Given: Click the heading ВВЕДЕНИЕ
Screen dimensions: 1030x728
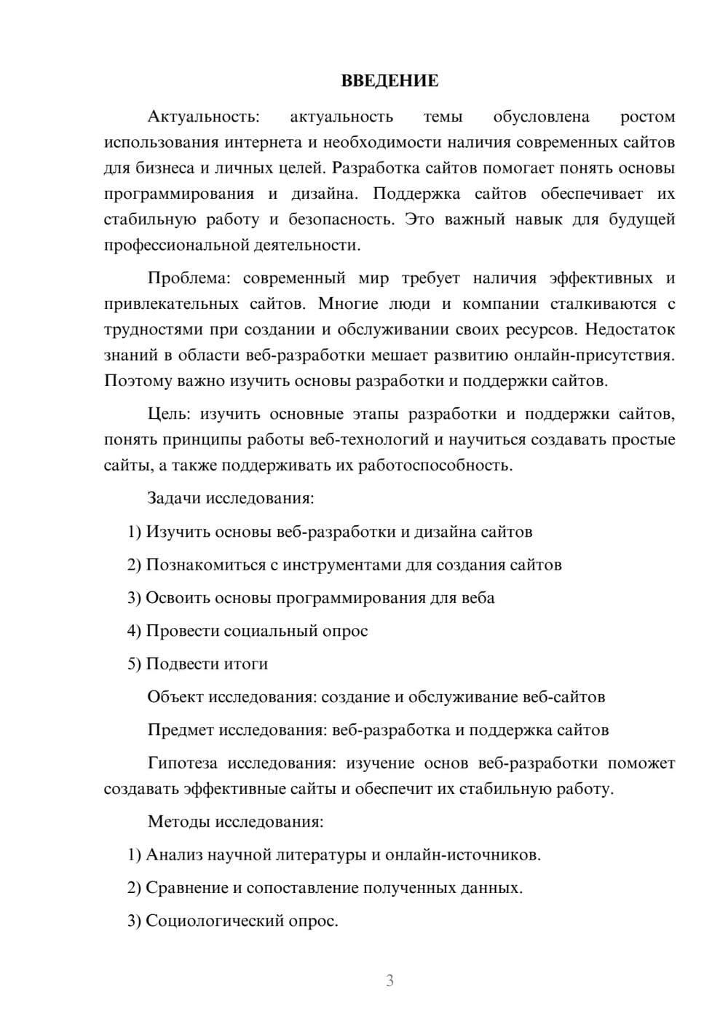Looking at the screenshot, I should (x=389, y=81).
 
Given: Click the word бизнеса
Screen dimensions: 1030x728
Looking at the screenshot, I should (x=165, y=168).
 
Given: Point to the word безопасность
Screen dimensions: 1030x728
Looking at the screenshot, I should (x=341, y=219).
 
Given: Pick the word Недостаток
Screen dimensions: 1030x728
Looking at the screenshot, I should (x=630, y=329).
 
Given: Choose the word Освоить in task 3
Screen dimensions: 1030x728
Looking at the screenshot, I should (x=175, y=598).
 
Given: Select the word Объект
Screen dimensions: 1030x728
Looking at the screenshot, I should (x=175, y=697).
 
